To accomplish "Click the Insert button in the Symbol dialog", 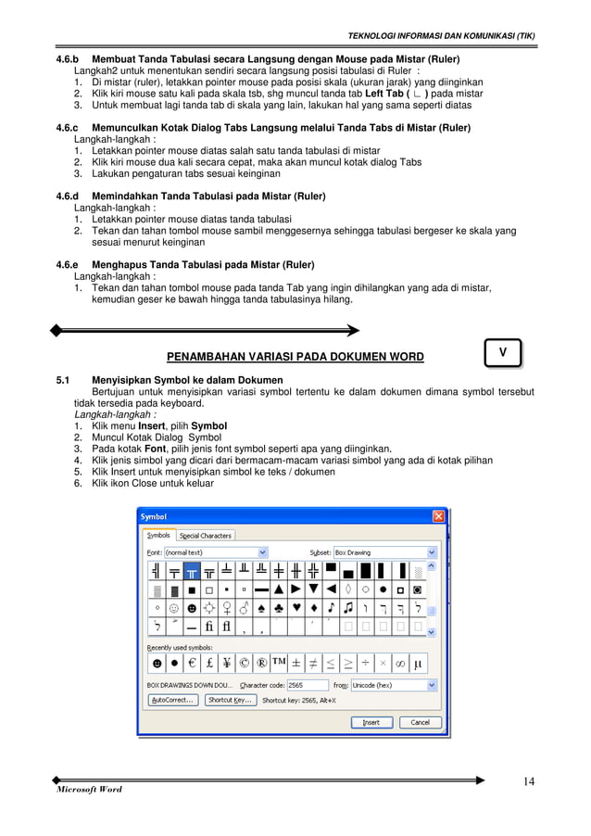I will pyautogui.click(x=371, y=722).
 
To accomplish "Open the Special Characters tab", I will pyautogui.click(x=205, y=535).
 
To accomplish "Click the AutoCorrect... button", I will pyautogui.click(x=172, y=701).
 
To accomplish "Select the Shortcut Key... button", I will pyautogui.click(x=230, y=701).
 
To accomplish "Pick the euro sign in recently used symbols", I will pyautogui.click(x=192, y=664).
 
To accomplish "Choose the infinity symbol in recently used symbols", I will pyautogui.click(x=399, y=664).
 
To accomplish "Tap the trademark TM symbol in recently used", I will pyautogui.click(x=278, y=663).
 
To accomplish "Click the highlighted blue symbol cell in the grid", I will pyautogui.click(x=193, y=572).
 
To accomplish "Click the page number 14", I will pyautogui.click(x=528, y=780).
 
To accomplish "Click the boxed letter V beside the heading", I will pyautogui.click(x=502, y=352).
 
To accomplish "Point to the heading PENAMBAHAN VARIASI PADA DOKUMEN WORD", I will pyautogui.click(x=295, y=357).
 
